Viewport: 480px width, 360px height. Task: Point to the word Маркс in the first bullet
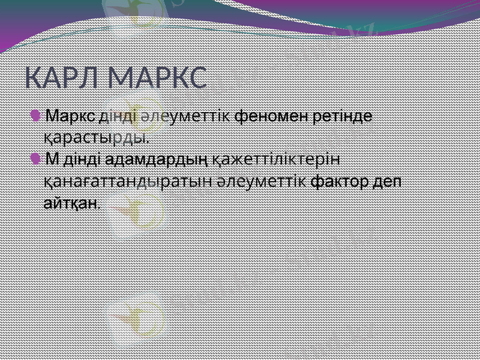click(71, 115)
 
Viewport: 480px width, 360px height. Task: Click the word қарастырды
click(96, 137)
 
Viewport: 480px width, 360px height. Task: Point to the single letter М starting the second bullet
click(52, 160)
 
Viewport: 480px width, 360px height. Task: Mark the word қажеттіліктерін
click(277, 160)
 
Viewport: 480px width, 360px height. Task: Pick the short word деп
click(389, 182)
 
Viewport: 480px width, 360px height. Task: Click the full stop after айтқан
click(98, 206)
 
